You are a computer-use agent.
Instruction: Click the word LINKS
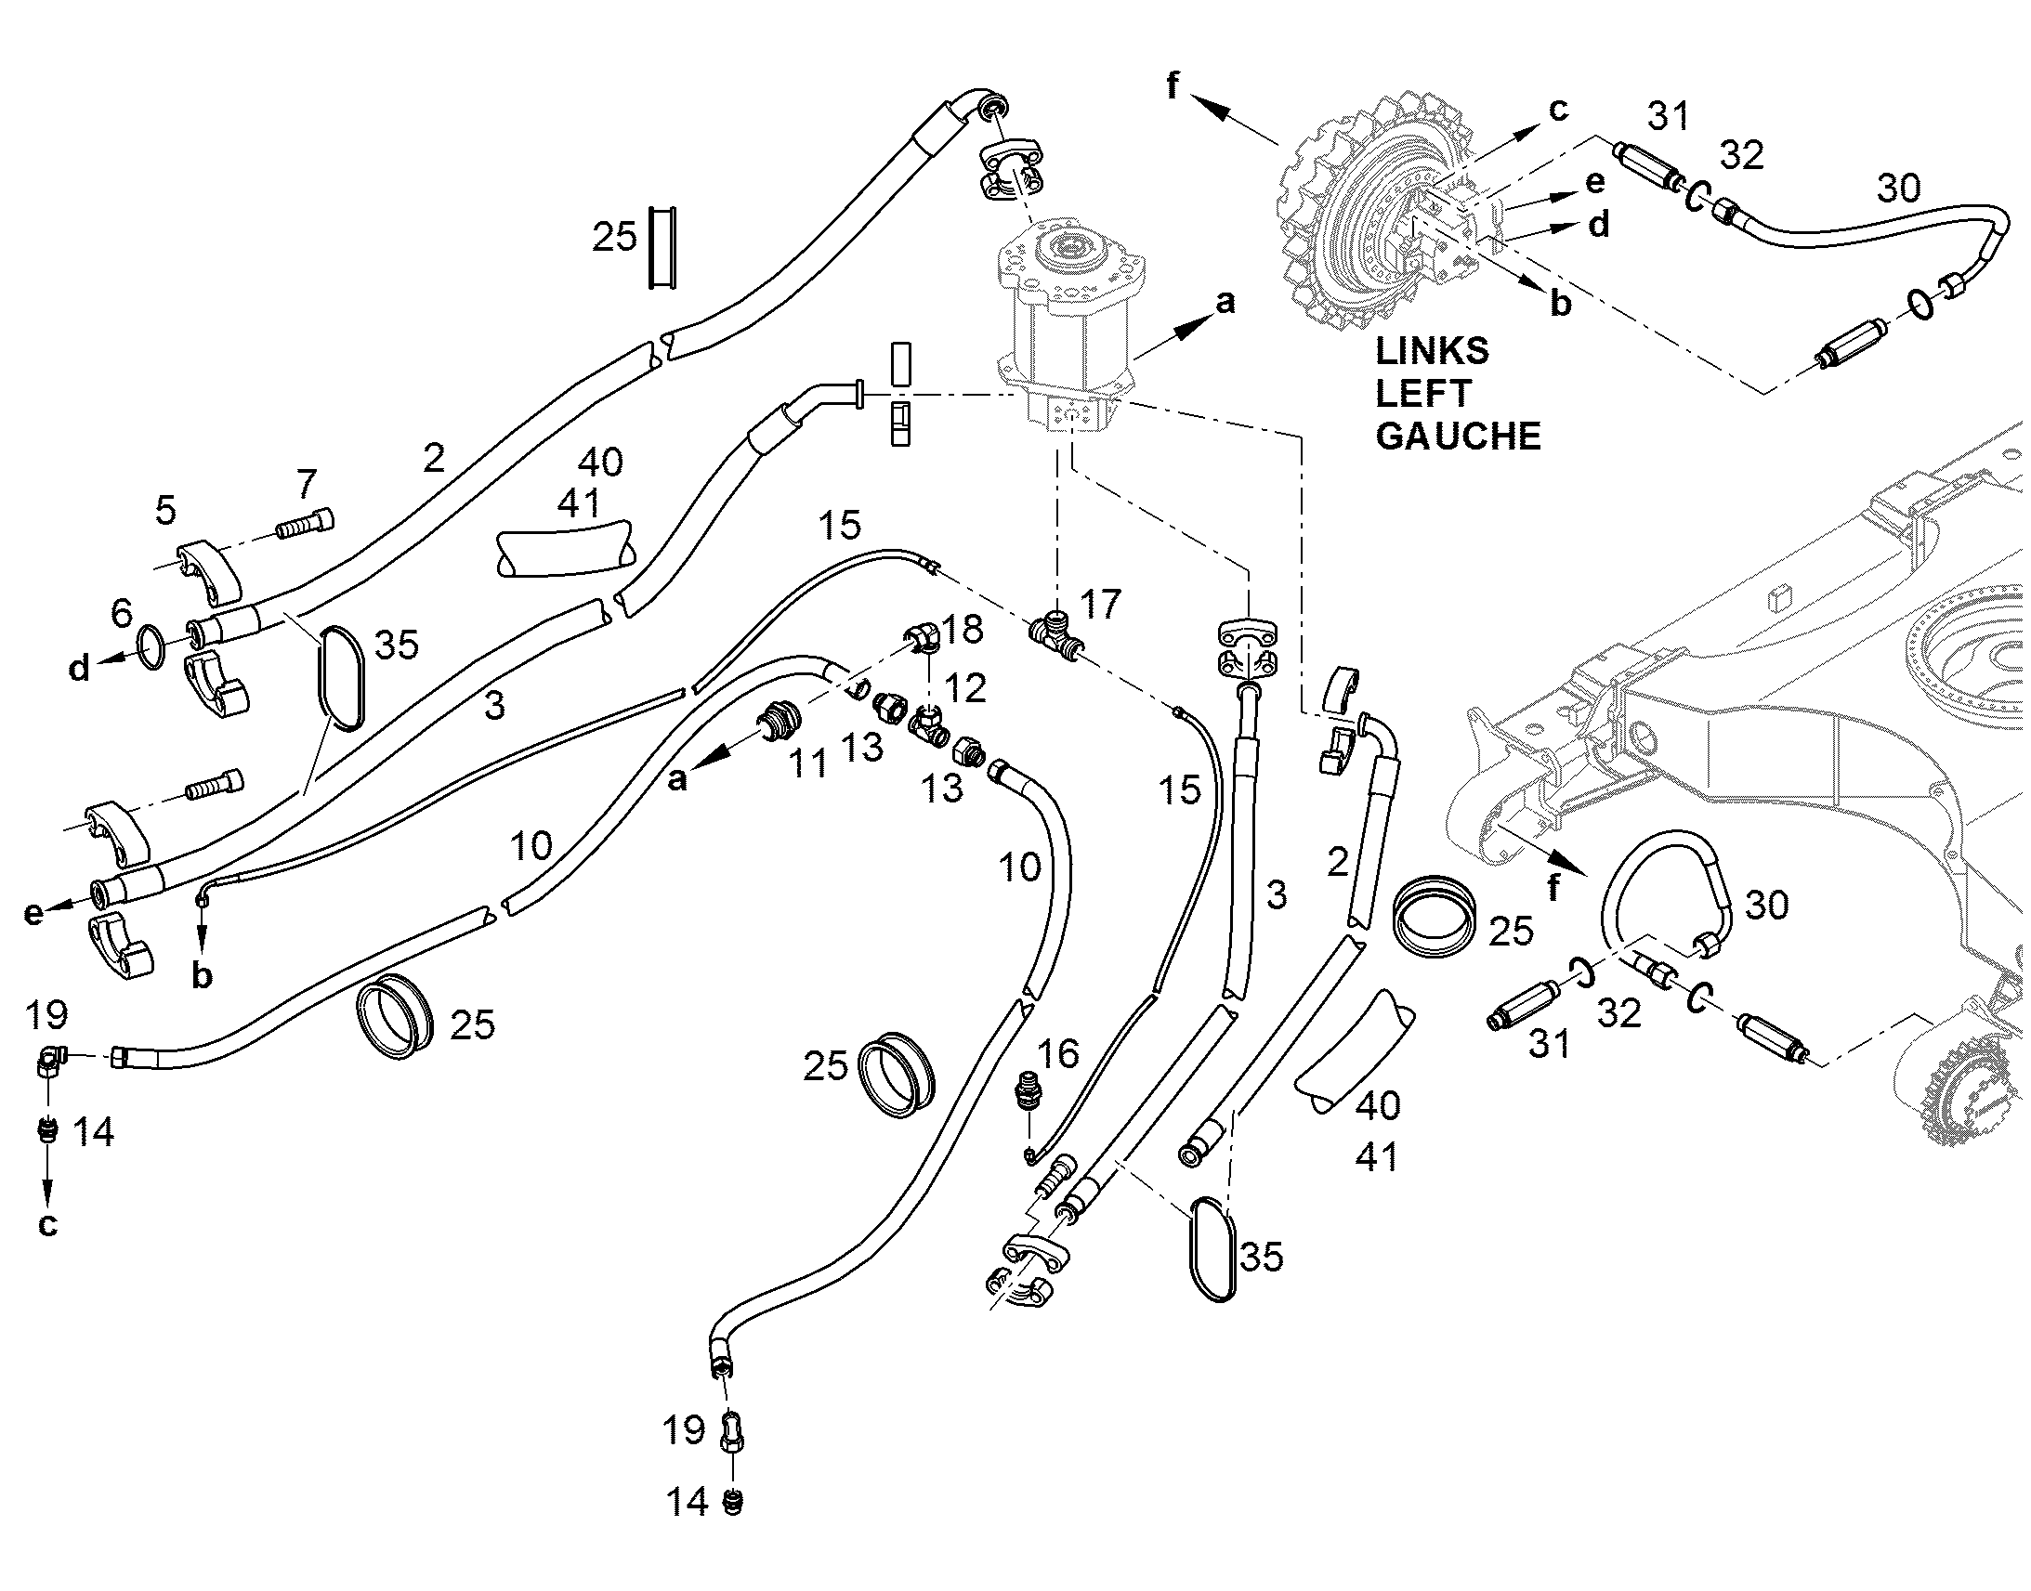[x=1432, y=351]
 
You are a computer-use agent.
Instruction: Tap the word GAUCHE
[x=1458, y=436]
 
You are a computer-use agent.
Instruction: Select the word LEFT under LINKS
[x=1423, y=394]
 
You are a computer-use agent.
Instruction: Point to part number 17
[x=1099, y=605]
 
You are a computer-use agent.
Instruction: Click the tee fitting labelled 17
[x=1055, y=638]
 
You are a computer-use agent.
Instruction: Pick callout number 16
[x=1057, y=1054]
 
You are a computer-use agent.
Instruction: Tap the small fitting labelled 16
[x=1028, y=1093]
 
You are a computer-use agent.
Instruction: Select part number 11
[x=807, y=763]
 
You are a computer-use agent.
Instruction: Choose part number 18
[x=963, y=630]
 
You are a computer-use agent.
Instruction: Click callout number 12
[x=965, y=688]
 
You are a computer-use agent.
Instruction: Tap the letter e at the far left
[x=33, y=913]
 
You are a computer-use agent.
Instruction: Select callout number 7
[x=307, y=485]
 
